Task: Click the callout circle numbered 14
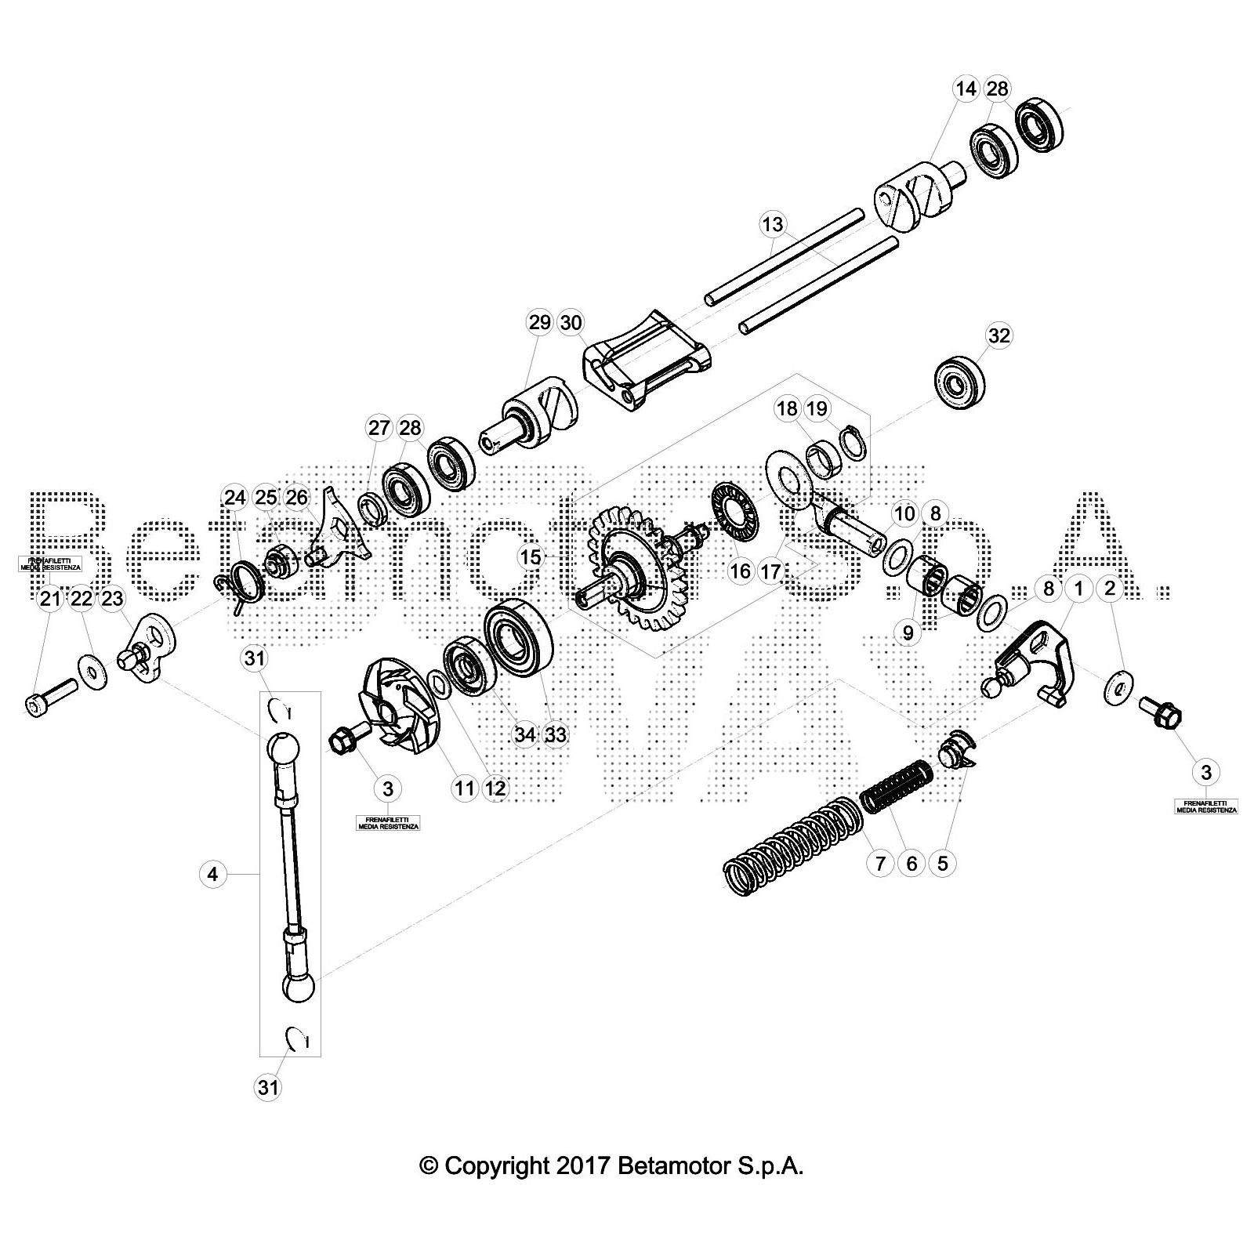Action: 966,89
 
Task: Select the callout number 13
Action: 772,225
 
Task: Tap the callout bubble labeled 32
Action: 998,335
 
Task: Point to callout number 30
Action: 571,322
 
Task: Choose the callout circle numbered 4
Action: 213,873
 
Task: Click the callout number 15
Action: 531,557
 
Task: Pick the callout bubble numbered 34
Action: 524,734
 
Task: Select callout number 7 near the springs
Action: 879,864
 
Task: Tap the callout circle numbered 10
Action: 904,514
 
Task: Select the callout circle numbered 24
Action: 234,498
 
